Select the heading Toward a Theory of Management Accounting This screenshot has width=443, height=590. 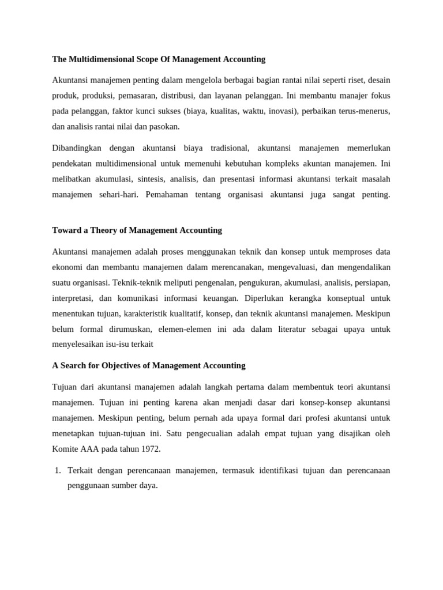click(137, 230)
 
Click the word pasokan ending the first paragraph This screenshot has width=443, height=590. click(164, 126)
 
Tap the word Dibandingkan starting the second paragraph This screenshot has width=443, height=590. click(77, 148)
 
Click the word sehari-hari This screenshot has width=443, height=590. click(118, 195)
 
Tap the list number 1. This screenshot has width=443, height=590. click(57, 471)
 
